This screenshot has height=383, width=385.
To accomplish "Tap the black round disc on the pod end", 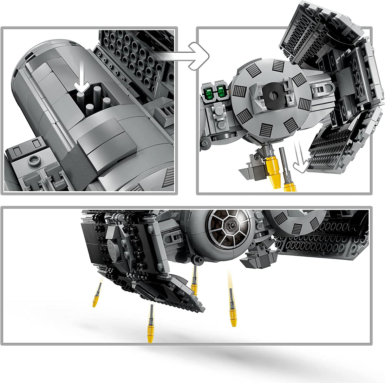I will click(x=273, y=94).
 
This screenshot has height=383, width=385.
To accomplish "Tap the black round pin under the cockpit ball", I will click(x=199, y=260).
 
